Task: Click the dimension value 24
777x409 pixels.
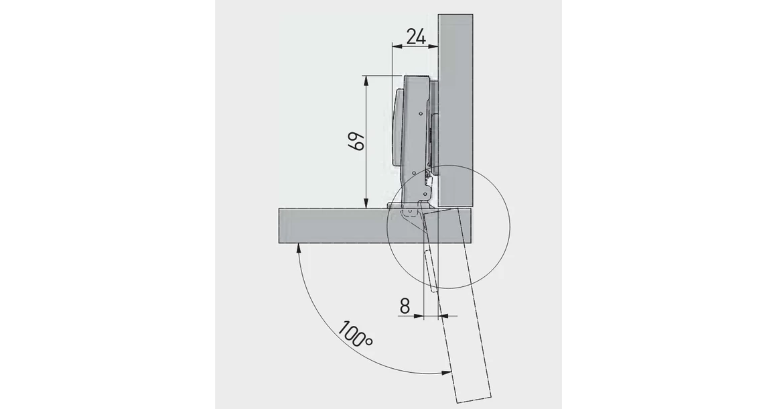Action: pyautogui.click(x=416, y=38)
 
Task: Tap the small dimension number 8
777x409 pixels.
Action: pyautogui.click(x=404, y=306)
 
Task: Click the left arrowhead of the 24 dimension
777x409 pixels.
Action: pyautogui.click(x=395, y=47)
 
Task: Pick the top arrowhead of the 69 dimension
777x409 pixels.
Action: pyautogui.click(x=366, y=79)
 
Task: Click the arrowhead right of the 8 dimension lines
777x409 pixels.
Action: pyautogui.click(x=443, y=315)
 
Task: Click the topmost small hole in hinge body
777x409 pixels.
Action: pyautogui.click(x=419, y=115)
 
